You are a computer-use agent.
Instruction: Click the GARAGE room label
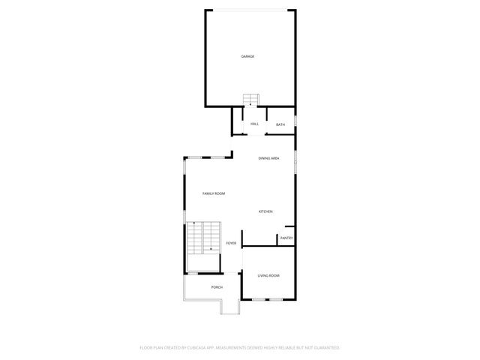coord(247,56)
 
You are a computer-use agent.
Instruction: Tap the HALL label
coord(255,124)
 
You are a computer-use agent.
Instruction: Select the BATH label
coord(280,124)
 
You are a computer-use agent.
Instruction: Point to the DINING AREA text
coord(269,158)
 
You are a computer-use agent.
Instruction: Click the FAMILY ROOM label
coord(214,193)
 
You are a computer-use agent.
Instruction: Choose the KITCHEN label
coord(265,211)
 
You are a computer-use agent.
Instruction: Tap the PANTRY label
coord(286,238)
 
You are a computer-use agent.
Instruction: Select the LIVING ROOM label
coord(268,276)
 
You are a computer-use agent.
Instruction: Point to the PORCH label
coord(217,287)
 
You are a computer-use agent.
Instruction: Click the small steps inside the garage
coord(250,100)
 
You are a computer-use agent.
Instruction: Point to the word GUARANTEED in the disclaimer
coord(325,348)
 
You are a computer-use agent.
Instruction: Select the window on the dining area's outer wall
coord(295,161)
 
